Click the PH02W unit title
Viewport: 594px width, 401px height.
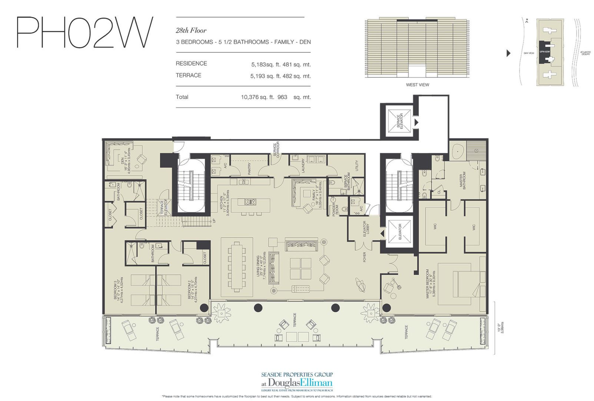(84, 32)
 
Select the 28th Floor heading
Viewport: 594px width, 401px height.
(191, 30)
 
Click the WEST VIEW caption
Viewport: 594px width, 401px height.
(417, 85)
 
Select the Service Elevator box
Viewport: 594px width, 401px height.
(399, 121)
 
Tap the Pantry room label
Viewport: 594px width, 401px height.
(249, 169)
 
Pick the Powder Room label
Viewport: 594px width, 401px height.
(335, 210)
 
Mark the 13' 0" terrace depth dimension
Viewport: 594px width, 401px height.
(500, 327)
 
